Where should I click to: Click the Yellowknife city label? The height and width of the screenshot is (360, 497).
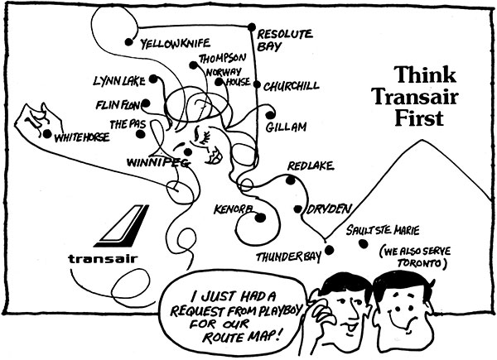[x=176, y=42]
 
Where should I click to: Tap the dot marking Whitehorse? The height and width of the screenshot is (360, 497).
[x=47, y=133]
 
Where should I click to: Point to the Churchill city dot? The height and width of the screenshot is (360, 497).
[x=257, y=85]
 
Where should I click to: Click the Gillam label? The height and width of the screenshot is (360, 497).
[x=287, y=126]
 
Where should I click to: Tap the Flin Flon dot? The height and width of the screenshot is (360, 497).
[x=146, y=104]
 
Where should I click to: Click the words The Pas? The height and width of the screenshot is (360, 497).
[x=129, y=124]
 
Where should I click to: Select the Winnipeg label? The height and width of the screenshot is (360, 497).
[x=158, y=163]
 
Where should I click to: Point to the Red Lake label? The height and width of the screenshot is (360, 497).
[x=310, y=167]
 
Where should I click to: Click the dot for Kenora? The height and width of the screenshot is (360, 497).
[x=260, y=218]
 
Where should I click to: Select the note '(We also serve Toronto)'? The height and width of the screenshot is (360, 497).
[x=412, y=257]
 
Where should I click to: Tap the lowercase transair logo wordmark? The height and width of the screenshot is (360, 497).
[x=103, y=257]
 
